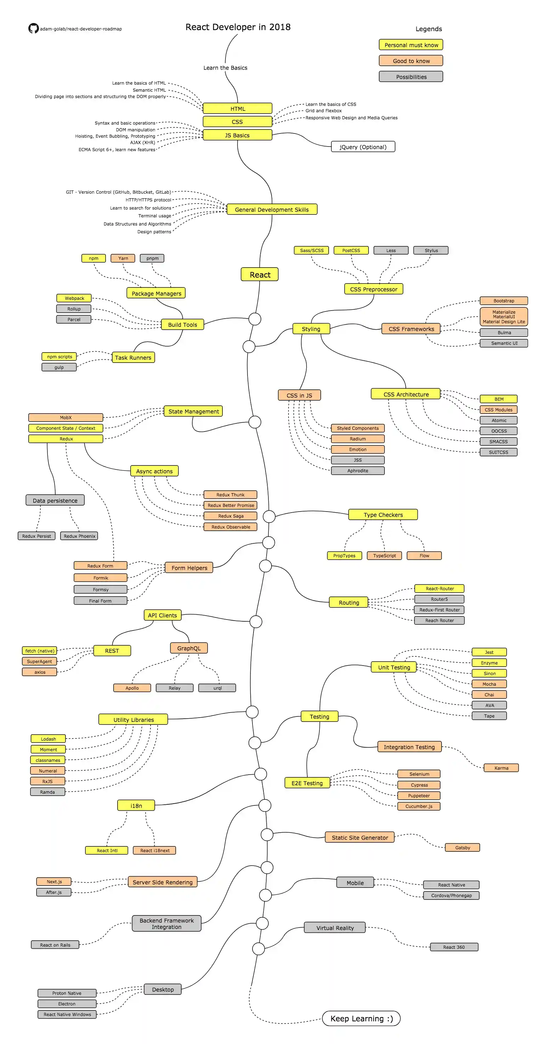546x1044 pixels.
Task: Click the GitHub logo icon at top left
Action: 33,28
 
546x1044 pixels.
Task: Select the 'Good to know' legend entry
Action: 411,61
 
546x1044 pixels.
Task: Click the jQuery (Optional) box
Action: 363,147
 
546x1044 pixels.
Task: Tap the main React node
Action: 260,274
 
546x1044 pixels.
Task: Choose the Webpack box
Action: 74,298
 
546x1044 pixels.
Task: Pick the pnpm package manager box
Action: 152,258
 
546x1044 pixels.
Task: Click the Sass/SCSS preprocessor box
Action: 311,250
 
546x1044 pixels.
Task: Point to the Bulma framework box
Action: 504,332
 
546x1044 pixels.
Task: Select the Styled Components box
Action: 358,428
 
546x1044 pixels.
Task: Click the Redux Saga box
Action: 230,516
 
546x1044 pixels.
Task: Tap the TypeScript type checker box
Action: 384,555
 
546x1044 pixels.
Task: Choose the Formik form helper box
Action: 100,577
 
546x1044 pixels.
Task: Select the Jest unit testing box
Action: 489,652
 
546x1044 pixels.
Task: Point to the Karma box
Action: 501,768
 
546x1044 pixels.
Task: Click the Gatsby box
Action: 462,848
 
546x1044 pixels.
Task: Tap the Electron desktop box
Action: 67,1004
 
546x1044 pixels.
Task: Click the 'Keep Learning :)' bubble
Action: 361,1019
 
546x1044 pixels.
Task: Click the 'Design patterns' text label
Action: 154,232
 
